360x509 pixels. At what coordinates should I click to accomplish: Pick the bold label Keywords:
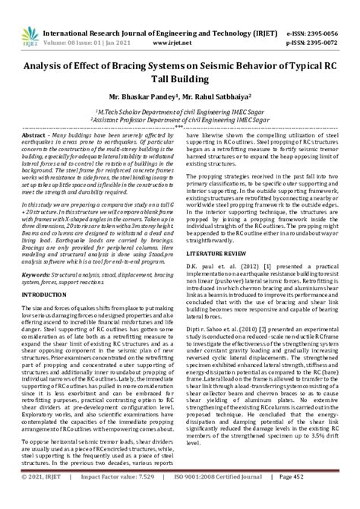pos(39,292)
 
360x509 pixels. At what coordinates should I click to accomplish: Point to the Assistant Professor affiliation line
pos(180,119)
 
